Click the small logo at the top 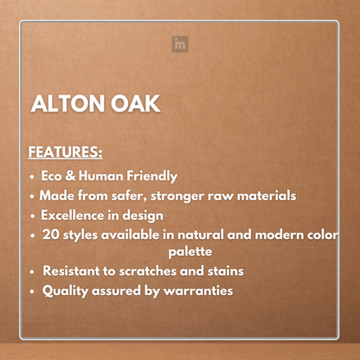tap(180, 42)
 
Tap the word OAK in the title tap(135, 105)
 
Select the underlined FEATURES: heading tap(66, 153)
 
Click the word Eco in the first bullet tap(54, 176)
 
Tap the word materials tap(265, 196)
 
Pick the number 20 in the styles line tap(50, 235)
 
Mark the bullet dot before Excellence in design tap(33, 216)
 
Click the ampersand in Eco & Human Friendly tap(78, 176)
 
